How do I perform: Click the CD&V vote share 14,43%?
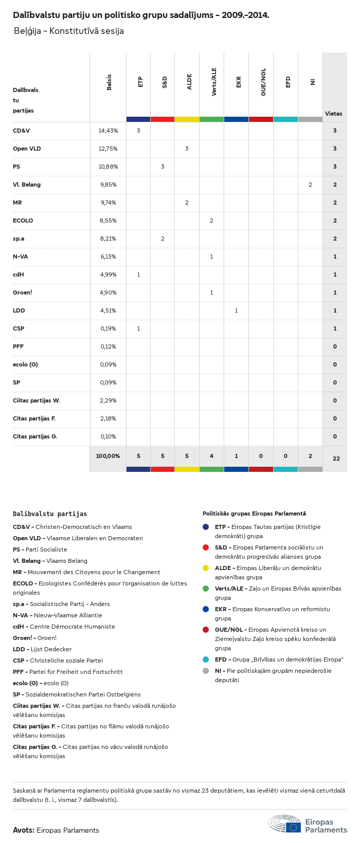point(108,131)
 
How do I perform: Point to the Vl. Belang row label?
point(27,185)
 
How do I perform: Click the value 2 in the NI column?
point(310,185)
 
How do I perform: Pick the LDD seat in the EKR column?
point(236,310)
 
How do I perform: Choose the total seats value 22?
point(336,459)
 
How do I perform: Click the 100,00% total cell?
point(108,456)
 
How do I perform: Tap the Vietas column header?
point(333,114)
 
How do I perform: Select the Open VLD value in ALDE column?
point(187,149)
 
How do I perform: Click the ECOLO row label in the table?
point(23,221)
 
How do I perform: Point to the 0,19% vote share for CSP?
point(108,328)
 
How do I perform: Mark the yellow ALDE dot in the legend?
point(206,568)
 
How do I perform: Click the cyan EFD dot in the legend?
point(206,659)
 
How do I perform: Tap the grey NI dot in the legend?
point(206,671)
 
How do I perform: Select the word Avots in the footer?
point(23,830)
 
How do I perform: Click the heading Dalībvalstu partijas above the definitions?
point(50,514)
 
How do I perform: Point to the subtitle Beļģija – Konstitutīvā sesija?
point(69,31)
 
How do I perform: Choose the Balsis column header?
point(109,82)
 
